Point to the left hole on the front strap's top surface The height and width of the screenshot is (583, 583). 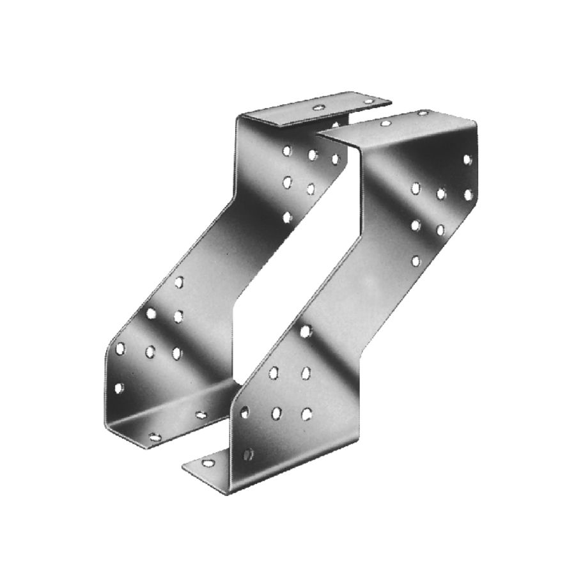click(386, 122)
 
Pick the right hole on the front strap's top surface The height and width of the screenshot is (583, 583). click(422, 113)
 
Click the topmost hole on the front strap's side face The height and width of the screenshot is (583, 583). click(467, 159)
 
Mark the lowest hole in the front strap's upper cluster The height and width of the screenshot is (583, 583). click(416, 260)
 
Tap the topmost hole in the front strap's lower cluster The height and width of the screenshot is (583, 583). click(306, 330)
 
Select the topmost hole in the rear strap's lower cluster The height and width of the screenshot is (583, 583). click(179, 281)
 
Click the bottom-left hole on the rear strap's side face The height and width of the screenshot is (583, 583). click(118, 387)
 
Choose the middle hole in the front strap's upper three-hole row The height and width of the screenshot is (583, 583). click(441, 192)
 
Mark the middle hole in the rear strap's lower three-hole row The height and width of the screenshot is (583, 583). click(151, 350)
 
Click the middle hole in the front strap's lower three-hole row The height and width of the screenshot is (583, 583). click(276, 413)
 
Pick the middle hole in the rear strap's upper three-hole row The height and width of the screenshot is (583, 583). click(312, 155)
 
